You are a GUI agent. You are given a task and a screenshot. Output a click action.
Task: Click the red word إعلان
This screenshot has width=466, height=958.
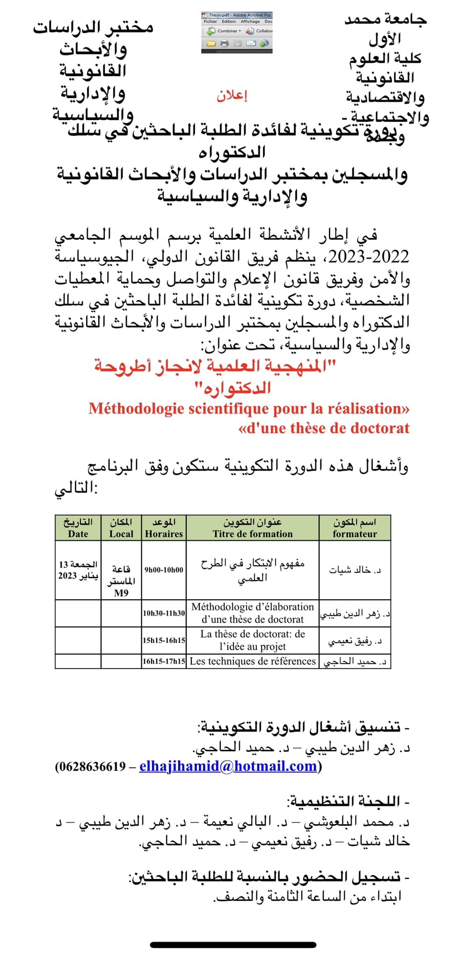[232, 96]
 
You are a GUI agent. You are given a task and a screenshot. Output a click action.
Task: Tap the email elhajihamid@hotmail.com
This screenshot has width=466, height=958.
[228, 766]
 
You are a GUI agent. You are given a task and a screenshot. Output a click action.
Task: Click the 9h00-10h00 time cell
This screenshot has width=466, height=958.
[164, 570]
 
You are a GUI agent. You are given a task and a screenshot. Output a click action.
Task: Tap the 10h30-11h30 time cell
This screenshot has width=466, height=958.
[164, 613]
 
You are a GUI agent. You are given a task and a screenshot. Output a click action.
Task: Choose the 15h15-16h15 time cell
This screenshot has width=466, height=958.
[164, 640]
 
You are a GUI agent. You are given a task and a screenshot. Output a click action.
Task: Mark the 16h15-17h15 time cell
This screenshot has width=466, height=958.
[164, 661]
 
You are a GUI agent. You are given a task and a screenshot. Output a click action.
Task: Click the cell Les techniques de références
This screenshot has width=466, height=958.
[253, 661]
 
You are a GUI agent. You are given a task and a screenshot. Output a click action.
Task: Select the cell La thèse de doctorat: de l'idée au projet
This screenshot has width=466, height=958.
[253, 640]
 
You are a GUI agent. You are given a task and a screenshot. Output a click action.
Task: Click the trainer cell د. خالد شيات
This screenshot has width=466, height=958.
[355, 570]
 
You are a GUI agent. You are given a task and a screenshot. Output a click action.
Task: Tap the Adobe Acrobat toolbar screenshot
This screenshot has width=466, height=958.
[237, 32]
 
